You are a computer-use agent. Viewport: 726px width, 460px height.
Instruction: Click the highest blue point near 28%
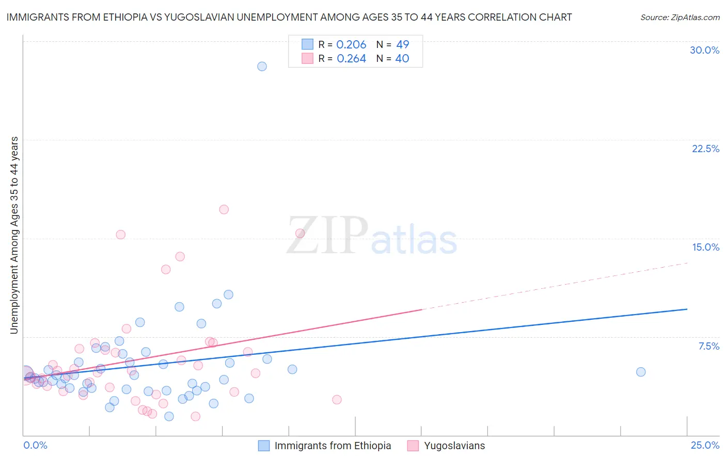(x=262, y=66)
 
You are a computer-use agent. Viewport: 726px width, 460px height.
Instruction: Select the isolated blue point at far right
(x=641, y=372)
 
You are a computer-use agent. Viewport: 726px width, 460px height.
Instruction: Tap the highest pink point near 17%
(x=224, y=209)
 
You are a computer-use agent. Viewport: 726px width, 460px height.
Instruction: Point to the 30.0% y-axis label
(x=704, y=50)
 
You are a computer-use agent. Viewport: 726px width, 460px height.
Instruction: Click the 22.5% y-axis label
(x=705, y=149)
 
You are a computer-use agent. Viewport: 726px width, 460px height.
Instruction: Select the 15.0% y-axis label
(x=705, y=247)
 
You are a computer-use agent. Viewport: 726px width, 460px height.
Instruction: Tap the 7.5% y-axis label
(x=708, y=346)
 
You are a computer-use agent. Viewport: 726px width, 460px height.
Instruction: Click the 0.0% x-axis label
(x=35, y=446)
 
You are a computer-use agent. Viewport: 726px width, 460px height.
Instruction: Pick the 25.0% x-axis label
(x=705, y=446)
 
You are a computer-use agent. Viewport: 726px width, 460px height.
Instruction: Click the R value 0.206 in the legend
(x=351, y=45)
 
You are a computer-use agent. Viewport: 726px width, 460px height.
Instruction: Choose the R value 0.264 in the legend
(x=351, y=59)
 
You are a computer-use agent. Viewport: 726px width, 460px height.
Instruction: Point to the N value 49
(x=402, y=45)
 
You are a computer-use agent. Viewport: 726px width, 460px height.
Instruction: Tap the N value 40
(x=402, y=59)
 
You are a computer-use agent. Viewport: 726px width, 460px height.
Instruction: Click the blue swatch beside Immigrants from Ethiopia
(x=264, y=446)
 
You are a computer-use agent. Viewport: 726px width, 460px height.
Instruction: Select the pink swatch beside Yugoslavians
(x=413, y=446)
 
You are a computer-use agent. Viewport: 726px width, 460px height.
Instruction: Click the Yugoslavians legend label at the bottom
(x=454, y=446)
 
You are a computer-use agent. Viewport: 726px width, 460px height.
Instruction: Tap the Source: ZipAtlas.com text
(x=680, y=18)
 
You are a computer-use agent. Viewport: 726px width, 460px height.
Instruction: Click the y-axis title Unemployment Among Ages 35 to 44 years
(x=14, y=235)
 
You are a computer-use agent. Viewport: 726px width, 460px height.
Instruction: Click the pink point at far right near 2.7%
(x=337, y=400)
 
